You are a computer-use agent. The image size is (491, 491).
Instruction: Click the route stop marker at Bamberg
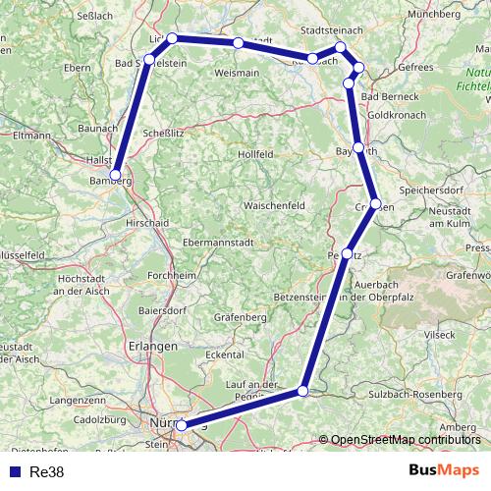coord(116,175)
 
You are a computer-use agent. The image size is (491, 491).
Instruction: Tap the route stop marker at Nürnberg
coord(181,425)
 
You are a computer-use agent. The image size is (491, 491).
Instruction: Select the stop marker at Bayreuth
coord(359,149)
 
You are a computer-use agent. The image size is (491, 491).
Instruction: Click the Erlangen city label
coord(152,346)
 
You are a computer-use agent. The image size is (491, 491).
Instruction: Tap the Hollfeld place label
coord(258,154)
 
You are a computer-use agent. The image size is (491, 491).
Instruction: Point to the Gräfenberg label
coord(239,317)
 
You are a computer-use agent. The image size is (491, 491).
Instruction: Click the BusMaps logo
coord(445,470)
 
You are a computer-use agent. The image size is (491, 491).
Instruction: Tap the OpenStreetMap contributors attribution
coord(405,441)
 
